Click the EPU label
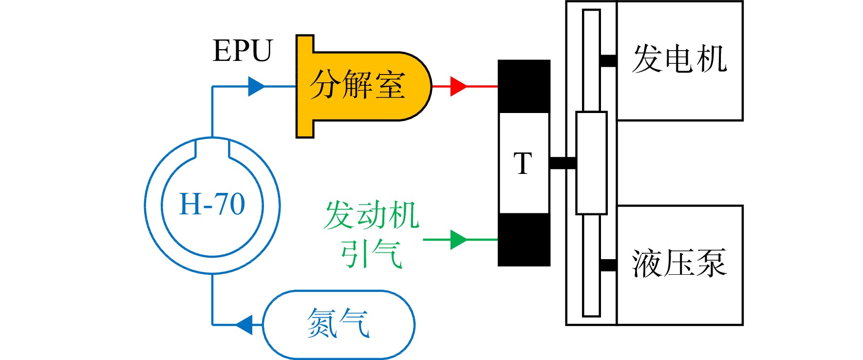pyautogui.click(x=243, y=51)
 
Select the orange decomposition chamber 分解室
pyautogui.click(x=363, y=86)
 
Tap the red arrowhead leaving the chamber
pyautogui.click(x=459, y=86)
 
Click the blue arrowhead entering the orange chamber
pyautogui.click(x=257, y=86)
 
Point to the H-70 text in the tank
pyautogui.click(x=212, y=204)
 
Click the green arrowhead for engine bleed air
pyautogui.click(x=459, y=240)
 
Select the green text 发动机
pyautogui.click(x=372, y=215)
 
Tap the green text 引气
pyautogui.click(x=372, y=254)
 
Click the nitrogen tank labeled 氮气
pyautogui.click(x=339, y=324)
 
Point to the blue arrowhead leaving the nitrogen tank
pyautogui.click(x=244, y=324)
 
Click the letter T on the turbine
pyautogui.click(x=523, y=163)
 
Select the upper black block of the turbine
pyautogui.click(x=524, y=86)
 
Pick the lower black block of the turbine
pyautogui.click(x=524, y=240)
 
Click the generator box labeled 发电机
pyautogui.click(x=680, y=61)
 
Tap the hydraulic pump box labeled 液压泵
pyautogui.click(x=680, y=265)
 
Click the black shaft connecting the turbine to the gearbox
pyautogui.click(x=563, y=163)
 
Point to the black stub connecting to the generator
pyautogui.click(x=608, y=61)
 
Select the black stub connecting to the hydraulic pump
pyautogui.click(x=608, y=265)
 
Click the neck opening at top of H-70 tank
pyautogui.click(x=212, y=148)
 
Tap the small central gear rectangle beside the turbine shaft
pyautogui.click(x=591, y=163)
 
